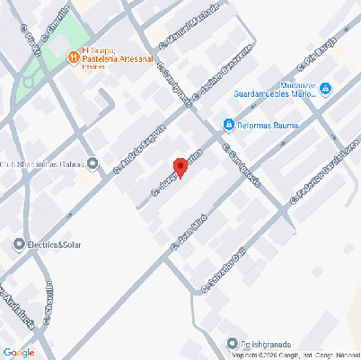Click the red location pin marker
[x=180, y=167]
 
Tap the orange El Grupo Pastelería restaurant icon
[x=72, y=57]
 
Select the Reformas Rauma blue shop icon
[x=229, y=124]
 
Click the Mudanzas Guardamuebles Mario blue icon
[x=326, y=89]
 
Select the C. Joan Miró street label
[x=189, y=230]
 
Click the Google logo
[x=18, y=352]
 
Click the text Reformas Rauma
[x=266, y=124]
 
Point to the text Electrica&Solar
[x=58, y=244]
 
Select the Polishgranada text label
[x=266, y=343]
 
